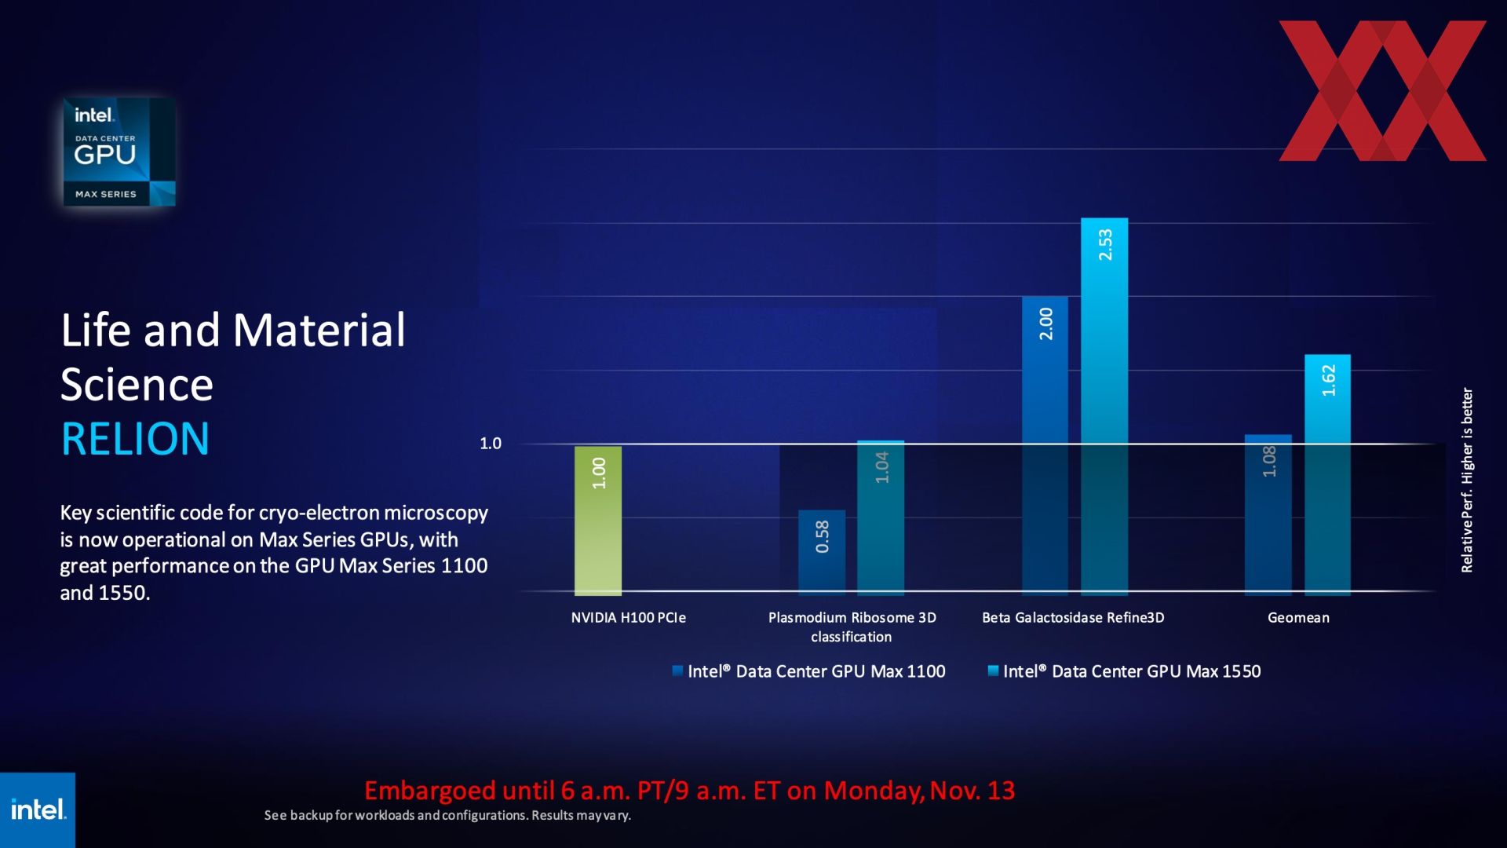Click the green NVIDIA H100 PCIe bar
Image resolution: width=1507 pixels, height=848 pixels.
click(598, 521)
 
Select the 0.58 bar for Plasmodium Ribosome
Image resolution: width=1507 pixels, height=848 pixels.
click(822, 552)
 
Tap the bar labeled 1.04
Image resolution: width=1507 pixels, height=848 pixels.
click(881, 517)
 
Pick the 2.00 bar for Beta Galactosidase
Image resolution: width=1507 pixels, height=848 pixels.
click(1045, 444)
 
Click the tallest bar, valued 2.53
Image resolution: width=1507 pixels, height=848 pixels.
click(1104, 405)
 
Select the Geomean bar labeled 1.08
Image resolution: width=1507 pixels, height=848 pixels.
click(1268, 514)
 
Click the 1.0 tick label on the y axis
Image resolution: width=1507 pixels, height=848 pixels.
click(491, 444)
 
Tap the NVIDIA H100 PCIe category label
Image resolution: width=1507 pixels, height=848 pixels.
click(628, 618)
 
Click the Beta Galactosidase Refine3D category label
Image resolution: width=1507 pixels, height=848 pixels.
click(1073, 618)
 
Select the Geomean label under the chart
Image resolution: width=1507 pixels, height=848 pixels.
click(1298, 618)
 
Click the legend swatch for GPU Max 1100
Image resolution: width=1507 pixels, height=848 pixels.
click(677, 671)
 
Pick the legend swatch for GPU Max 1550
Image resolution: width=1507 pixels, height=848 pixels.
click(993, 671)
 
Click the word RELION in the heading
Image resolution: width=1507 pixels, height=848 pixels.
click(135, 438)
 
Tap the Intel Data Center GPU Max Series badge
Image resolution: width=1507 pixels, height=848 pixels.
click(119, 152)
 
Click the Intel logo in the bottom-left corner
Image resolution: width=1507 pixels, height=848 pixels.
click(38, 810)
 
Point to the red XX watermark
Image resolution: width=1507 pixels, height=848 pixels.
click(1382, 91)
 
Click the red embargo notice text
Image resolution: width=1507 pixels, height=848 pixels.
click(689, 791)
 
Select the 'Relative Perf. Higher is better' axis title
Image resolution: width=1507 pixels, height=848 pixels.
click(1467, 480)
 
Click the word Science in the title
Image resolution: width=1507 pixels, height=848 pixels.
click(137, 385)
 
